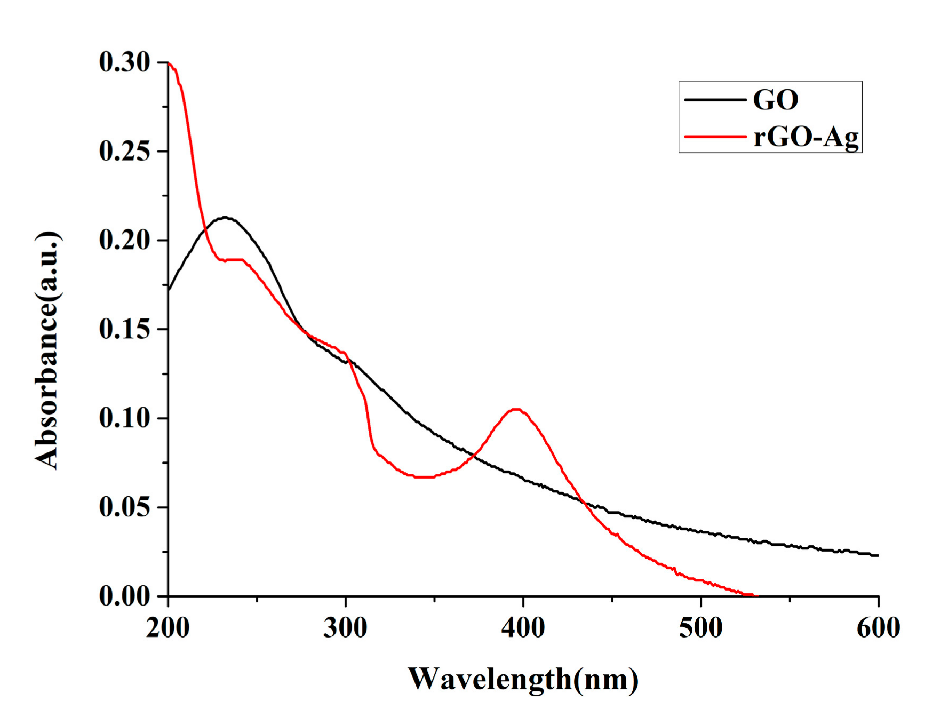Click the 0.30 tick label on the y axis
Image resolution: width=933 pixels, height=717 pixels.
tap(124, 62)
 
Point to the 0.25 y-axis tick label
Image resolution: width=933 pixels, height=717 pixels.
tap(124, 152)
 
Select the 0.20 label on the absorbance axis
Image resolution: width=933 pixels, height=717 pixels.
tap(124, 240)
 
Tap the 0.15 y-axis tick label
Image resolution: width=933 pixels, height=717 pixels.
tap(124, 329)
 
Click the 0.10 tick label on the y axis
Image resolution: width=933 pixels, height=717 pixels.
tap(124, 418)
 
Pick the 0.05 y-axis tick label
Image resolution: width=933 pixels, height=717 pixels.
tap(124, 507)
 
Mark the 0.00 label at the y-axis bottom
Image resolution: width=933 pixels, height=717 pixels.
tap(124, 595)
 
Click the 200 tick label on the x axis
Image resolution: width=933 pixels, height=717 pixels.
tap(168, 628)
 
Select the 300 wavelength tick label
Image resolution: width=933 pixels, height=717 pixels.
tap(345, 628)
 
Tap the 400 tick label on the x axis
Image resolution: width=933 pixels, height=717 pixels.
tap(523, 628)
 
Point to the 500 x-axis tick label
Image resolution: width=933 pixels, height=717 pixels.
tap(700, 628)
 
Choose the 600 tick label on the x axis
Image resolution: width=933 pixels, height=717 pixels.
tap(878, 628)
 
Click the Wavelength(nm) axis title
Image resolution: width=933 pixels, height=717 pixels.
tap(523, 679)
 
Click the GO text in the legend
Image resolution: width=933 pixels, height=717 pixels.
tap(775, 100)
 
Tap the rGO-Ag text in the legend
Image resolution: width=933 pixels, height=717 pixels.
tap(806, 137)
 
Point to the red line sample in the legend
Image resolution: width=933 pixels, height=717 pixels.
tap(715, 137)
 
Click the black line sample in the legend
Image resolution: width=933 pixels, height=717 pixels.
tap(715, 100)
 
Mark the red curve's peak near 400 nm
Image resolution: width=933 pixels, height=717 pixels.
tap(516, 409)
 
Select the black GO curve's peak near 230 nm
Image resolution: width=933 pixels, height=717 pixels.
tap(226, 217)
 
